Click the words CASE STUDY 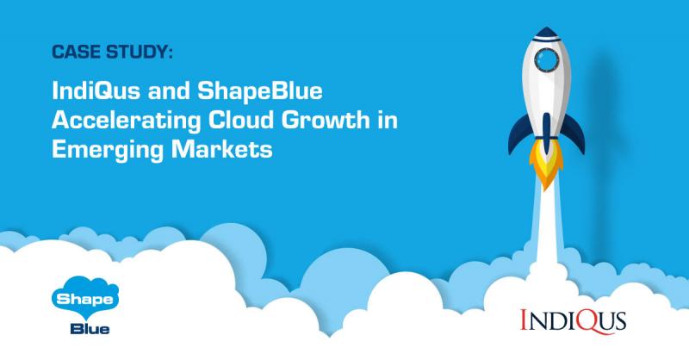pos(112,53)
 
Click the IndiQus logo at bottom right pos(573,319)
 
